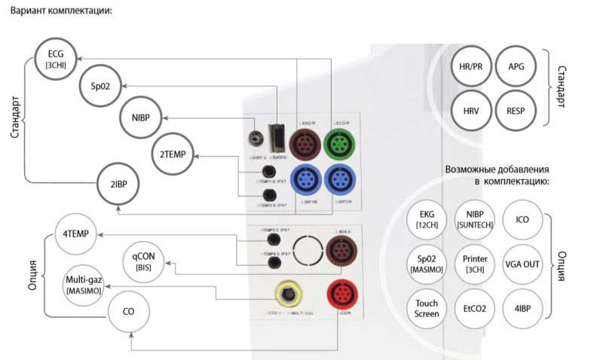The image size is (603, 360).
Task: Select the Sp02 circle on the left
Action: [100, 86]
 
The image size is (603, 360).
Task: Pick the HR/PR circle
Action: [471, 67]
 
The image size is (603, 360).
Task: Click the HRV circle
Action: [471, 111]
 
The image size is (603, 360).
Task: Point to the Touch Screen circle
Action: [427, 309]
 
